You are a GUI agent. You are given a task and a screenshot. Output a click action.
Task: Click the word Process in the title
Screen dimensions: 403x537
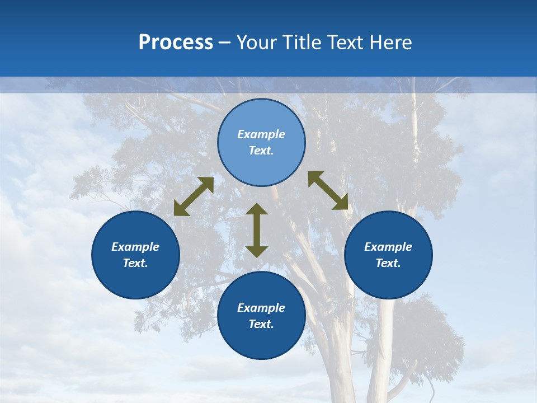(176, 43)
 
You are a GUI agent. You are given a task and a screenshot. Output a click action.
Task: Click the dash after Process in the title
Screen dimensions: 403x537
(224, 44)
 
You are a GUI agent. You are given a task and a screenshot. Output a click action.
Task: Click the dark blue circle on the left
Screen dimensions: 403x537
(135, 280)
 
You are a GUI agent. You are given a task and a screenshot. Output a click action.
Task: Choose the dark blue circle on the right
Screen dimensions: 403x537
(388, 280)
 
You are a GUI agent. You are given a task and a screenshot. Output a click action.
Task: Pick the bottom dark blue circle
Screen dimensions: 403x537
(261, 341)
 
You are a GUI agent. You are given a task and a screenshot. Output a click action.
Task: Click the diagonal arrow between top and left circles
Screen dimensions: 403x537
(194, 196)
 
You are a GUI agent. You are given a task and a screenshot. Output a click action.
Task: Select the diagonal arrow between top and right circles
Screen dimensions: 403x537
(328, 190)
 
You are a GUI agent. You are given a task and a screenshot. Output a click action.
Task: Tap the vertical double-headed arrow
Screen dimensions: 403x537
(257, 230)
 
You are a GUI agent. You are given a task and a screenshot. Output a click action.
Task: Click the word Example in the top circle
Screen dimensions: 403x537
(261, 134)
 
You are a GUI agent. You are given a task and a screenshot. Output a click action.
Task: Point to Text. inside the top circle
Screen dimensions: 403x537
(261, 151)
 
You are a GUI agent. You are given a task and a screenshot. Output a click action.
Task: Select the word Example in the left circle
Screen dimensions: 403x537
(135, 247)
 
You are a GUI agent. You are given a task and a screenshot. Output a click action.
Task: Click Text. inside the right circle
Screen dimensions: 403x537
(388, 263)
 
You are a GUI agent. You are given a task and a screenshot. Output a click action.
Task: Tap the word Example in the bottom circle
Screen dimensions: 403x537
(261, 308)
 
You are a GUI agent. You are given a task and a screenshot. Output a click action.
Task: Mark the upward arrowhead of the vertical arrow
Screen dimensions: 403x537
(257, 209)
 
